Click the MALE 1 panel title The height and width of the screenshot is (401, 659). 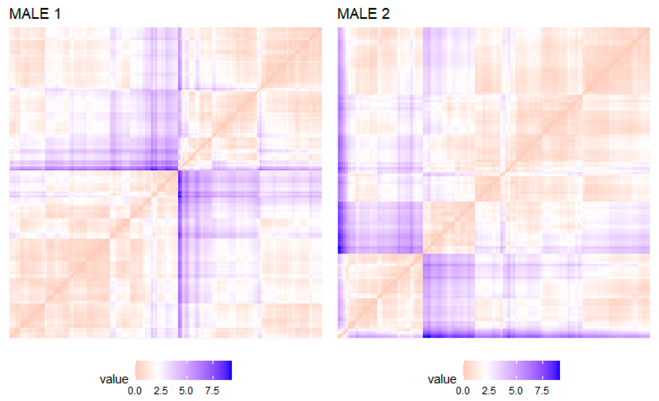pos(35,14)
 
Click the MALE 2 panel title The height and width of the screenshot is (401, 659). pos(363,14)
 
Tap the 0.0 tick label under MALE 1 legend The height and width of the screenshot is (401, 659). pos(135,391)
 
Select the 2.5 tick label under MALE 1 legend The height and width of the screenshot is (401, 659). pos(160,391)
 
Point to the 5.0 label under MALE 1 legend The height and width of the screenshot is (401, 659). pos(186,391)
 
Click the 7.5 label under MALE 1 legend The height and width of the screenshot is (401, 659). pos(212,391)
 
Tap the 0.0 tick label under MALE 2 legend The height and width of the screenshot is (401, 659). pos(463,391)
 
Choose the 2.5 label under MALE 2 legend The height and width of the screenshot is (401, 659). pos(489,391)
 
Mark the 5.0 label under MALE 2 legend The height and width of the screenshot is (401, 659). pos(516,391)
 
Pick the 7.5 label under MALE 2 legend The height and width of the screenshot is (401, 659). pos(542,391)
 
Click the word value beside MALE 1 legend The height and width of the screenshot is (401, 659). pos(114,379)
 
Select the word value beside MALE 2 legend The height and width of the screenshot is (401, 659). pos(442,379)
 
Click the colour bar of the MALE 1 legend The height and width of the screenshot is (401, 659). pos(184,370)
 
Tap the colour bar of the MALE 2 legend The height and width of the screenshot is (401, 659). pos(512,370)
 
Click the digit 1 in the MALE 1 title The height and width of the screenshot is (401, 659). pos(57,14)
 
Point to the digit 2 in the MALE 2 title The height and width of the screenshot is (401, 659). pos(385,14)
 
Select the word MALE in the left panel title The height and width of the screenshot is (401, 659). pos(29,14)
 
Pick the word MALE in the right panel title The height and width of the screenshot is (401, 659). pos(357,14)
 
